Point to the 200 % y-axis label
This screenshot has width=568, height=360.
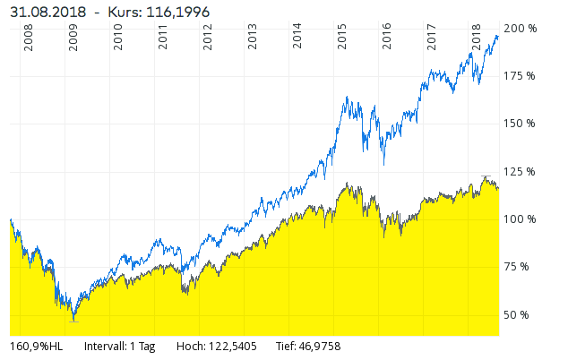(x=521, y=28)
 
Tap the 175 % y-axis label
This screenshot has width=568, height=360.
(x=521, y=76)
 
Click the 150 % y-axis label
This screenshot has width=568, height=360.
(x=521, y=124)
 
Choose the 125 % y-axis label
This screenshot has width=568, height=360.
(x=521, y=172)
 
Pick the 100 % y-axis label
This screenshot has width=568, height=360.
(x=521, y=219)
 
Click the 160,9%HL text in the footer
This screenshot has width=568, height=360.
(x=37, y=346)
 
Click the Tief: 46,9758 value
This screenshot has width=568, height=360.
(x=310, y=346)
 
